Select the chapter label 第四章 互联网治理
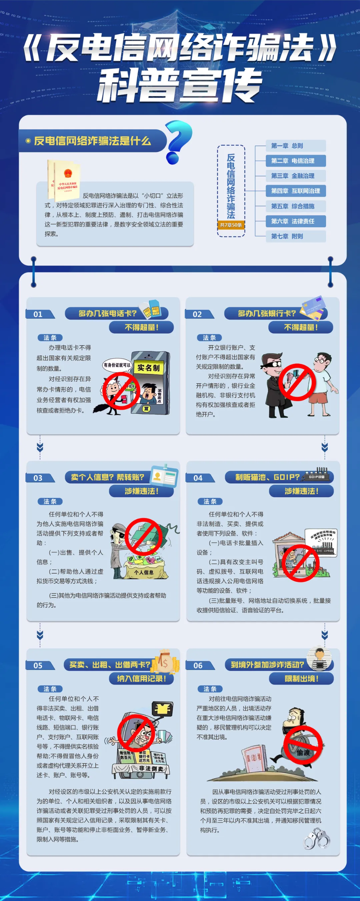(x=296, y=191)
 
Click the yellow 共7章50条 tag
(x=231, y=225)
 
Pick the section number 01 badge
(x=38, y=314)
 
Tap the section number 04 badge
(x=198, y=478)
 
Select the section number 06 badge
(x=198, y=665)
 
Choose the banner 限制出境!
(x=301, y=679)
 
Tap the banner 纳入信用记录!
(x=141, y=679)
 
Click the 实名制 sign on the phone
(x=148, y=368)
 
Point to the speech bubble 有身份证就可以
(x=117, y=365)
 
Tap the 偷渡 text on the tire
(x=304, y=753)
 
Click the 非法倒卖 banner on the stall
(x=151, y=768)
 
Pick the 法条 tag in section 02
(x=209, y=338)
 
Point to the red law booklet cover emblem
(x=68, y=174)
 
